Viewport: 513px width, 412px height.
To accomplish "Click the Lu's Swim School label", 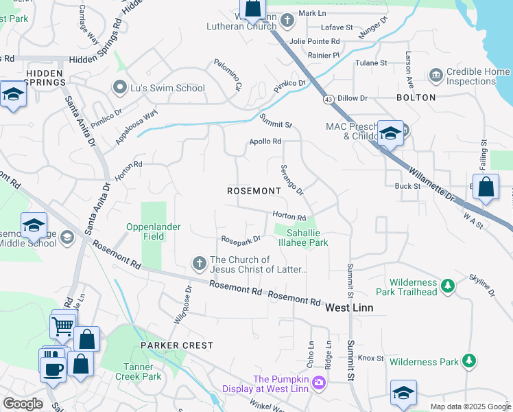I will click(167, 87).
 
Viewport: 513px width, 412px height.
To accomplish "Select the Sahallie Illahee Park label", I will click(303, 238).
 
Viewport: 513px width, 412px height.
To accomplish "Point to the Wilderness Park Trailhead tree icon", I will click(448, 284).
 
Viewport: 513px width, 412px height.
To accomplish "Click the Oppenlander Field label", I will click(145, 231).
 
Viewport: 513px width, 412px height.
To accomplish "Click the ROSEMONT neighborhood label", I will click(254, 191).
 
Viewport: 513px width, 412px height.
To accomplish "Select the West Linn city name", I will click(349, 308).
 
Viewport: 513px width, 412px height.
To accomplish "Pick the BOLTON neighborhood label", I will click(416, 98).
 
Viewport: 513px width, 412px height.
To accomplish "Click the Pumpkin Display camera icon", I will click(319, 382).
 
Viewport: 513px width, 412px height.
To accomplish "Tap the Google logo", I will click(23, 404).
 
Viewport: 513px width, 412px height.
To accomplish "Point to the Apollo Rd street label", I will click(265, 141).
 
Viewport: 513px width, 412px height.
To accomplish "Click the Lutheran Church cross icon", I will click(287, 21).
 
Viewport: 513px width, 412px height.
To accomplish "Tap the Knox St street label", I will click(370, 358).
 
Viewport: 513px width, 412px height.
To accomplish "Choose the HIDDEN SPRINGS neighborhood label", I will click(45, 77).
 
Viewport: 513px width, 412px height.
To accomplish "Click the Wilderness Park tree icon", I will click(469, 360).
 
